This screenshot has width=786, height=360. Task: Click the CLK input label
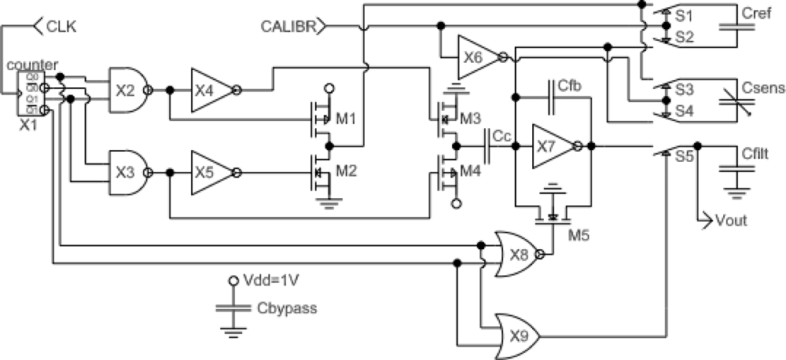63,26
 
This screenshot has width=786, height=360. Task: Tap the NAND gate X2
127,90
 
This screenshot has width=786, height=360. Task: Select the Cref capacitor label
755,13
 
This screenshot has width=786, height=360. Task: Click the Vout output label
729,221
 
